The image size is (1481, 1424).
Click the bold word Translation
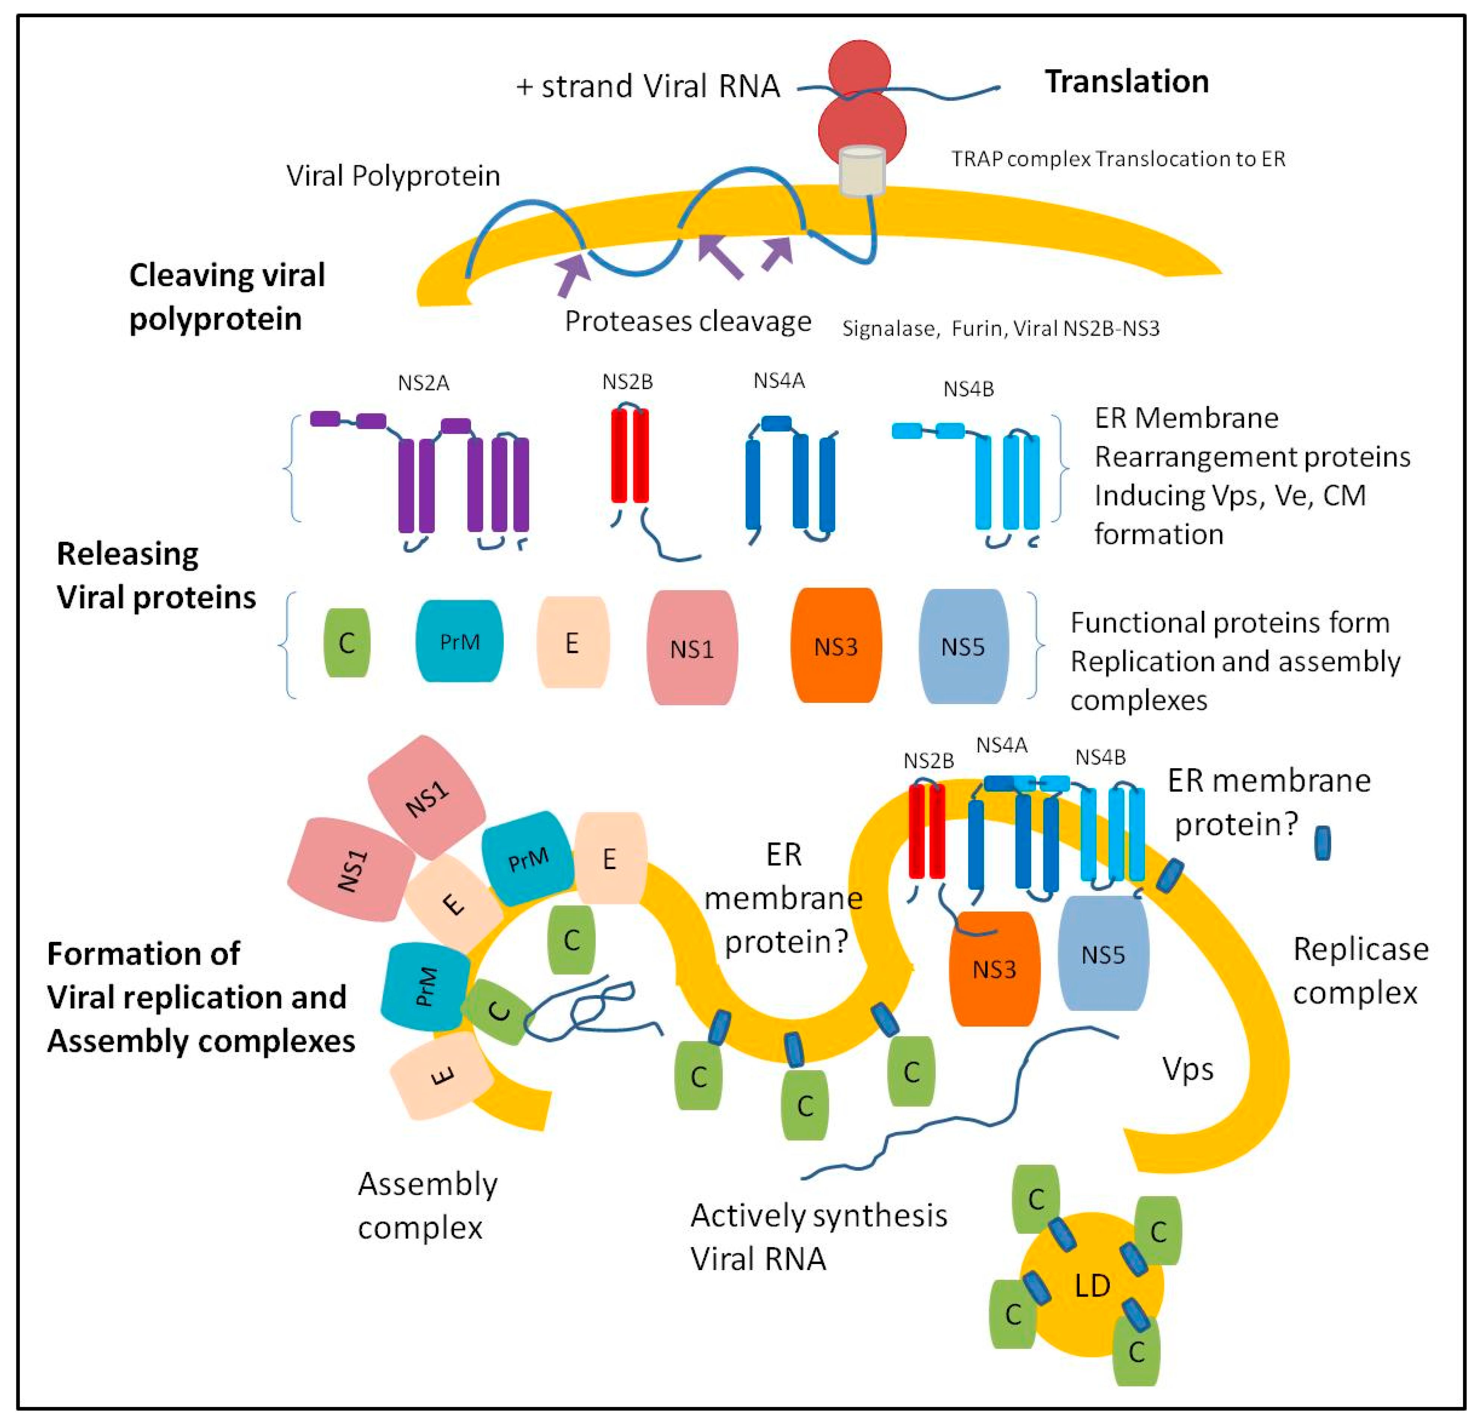1126,82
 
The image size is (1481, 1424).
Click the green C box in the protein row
347,643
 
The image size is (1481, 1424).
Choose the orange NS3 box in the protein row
836,646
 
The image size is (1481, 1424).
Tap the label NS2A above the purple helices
423,384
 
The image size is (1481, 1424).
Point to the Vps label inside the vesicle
1188,1069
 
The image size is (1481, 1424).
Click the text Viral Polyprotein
393,176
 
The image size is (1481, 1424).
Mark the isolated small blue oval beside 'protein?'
1322,842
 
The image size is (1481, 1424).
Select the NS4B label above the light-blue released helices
968,389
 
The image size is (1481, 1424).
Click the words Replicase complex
1360,971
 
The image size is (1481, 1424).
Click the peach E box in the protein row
572,643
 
